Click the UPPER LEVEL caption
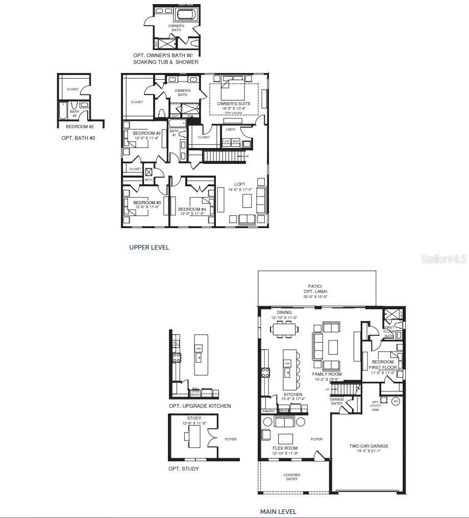pyautogui.click(x=149, y=247)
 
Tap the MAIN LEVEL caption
pyautogui.click(x=278, y=511)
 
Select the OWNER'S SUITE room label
pyautogui.click(x=234, y=104)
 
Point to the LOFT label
pyautogui.click(x=240, y=184)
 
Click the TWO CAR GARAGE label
pyautogui.click(x=368, y=446)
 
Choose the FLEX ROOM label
pyautogui.click(x=285, y=448)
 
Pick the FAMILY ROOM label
pyautogui.click(x=327, y=374)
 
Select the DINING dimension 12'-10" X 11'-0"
pyautogui.click(x=284, y=318)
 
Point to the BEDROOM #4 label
pyautogui.click(x=192, y=209)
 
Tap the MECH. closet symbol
pyautogui.click(x=149, y=172)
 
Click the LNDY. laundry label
pyautogui.click(x=230, y=130)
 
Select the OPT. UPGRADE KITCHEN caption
pyautogui.click(x=200, y=406)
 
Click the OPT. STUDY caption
pyautogui.click(x=184, y=468)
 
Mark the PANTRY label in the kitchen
pyautogui.click(x=268, y=411)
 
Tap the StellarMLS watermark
pyautogui.click(x=443, y=259)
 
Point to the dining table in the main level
pyautogui.click(x=285, y=330)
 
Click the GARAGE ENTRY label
pyautogui.click(x=337, y=402)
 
